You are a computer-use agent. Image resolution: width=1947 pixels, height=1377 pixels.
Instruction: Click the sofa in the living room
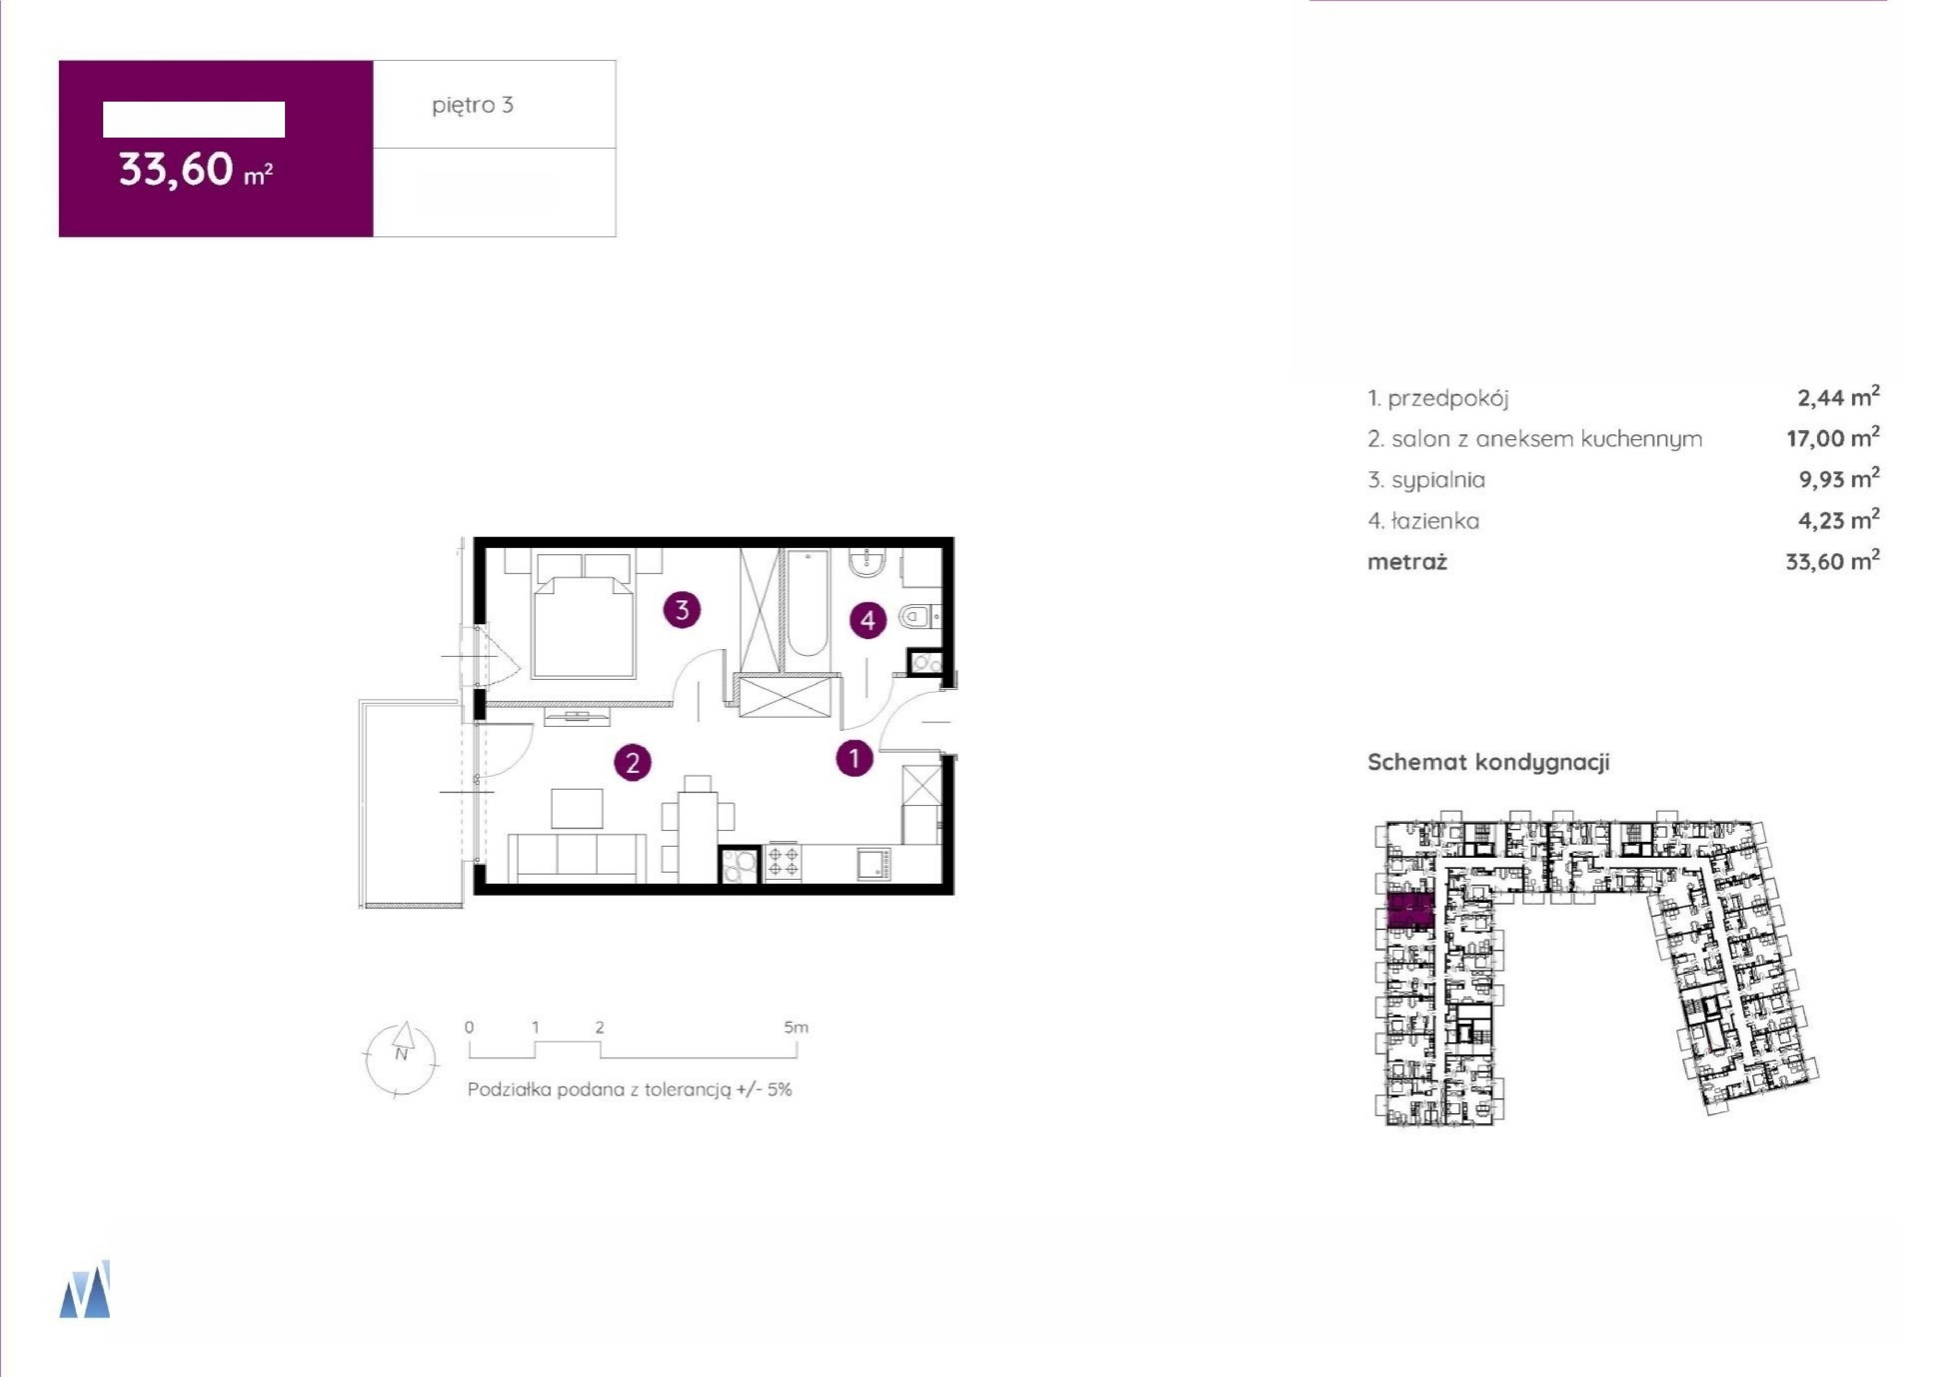coord(577,858)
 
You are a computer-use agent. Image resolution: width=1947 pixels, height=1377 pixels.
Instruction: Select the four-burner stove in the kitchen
coord(782,863)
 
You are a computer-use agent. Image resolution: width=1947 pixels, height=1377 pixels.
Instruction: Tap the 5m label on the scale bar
coord(796,1027)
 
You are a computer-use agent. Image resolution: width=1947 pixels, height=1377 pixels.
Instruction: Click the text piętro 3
coord(473,105)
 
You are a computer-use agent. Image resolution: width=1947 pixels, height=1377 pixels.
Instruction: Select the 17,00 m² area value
coord(1832,438)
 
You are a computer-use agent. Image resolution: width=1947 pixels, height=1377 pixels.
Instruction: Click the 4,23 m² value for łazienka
coord(1839,520)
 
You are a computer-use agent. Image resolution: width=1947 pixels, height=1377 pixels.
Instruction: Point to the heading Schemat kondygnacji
coord(1488,762)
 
